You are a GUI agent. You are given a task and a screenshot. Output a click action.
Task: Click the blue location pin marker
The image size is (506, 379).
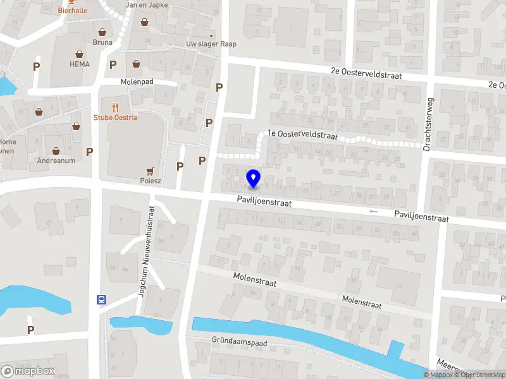pyautogui.click(x=253, y=178)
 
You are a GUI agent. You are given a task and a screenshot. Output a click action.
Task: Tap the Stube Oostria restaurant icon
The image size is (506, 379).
pyautogui.click(x=115, y=107)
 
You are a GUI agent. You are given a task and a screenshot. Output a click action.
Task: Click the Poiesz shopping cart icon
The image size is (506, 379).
pyautogui.click(x=150, y=170)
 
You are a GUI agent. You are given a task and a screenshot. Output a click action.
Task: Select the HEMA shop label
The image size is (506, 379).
pyautogui.click(x=80, y=64)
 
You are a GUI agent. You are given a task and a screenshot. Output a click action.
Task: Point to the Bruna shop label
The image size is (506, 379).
pyautogui.click(x=102, y=42)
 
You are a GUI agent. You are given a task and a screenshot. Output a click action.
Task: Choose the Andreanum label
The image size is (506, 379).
pyautogui.click(x=56, y=160)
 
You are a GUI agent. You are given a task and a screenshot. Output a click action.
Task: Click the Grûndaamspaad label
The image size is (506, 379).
pyautogui.click(x=241, y=343)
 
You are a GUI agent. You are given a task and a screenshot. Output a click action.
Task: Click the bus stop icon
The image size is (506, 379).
pyautogui.click(x=101, y=299)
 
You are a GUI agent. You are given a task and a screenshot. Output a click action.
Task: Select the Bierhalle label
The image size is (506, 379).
pyautogui.click(x=73, y=10)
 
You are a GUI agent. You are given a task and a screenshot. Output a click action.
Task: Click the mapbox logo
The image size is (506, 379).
pyautogui.click(x=28, y=371)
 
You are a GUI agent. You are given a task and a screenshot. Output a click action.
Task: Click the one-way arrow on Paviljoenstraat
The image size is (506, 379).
pyautogui.click(x=373, y=211)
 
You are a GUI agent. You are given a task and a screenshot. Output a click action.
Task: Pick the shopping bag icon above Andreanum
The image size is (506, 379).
pyautogui.click(x=56, y=150)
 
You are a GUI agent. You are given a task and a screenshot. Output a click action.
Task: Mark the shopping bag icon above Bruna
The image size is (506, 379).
pyautogui.click(x=102, y=32)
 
